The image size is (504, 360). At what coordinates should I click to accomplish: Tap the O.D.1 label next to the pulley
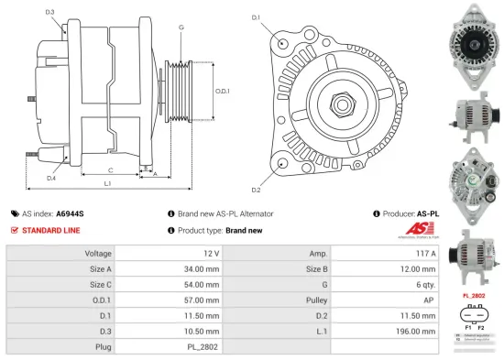(x=222, y=91)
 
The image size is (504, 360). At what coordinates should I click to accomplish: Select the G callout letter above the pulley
(x=181, y=27)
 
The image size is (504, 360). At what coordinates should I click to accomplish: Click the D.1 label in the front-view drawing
(x=256, y=17)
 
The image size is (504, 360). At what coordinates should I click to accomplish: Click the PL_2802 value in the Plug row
(x=204, y=347)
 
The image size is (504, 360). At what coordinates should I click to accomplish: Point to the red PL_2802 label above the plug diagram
(x=473, y=297)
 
